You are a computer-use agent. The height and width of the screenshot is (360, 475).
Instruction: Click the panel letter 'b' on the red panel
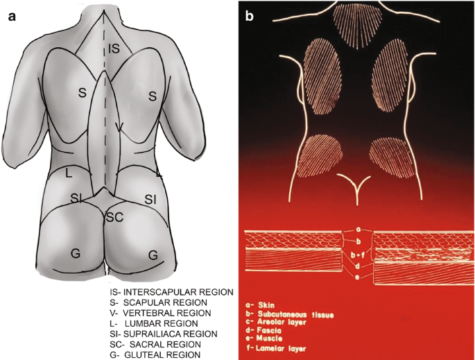tap(250, 16)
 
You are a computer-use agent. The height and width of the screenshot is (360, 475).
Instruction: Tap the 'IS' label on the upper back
tap(114, 48)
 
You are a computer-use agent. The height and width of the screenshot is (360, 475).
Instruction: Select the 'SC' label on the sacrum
tap(114, 218)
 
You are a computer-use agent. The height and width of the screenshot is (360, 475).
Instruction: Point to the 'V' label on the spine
tap(119, 127)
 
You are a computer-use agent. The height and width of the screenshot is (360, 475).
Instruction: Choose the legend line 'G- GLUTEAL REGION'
tap(159, 354)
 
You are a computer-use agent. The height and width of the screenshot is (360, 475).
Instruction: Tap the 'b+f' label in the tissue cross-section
tap(358, 254)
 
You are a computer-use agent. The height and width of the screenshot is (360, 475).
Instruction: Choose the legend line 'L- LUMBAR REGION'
tap(158, 323)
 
